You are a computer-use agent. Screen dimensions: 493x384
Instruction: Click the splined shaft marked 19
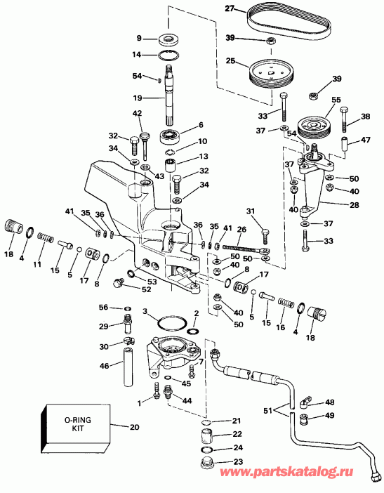(172, 98)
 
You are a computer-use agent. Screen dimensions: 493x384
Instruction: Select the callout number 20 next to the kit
(135, 426)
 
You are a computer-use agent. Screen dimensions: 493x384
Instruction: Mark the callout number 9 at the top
(139, 38)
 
